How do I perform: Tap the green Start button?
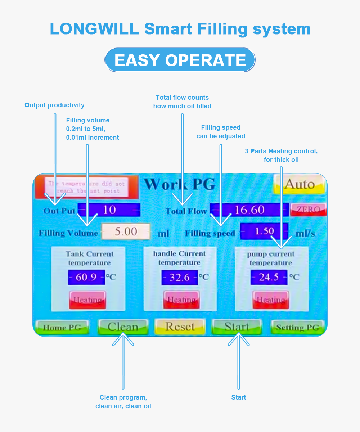click(x=237, y=327)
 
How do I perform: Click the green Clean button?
click(x=123, y=327)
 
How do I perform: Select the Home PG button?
click(x=62, y=328)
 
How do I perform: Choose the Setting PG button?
click(x=297, y=328)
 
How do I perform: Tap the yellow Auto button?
click(x=299, y=184)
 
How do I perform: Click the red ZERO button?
click(x=309, y=210)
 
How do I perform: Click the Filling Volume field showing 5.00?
click(x=126, y=231)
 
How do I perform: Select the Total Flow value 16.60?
click(x=249, y=210)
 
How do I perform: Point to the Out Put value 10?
click(x=109, y=210)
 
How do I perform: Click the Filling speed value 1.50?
click(x=264, y=231)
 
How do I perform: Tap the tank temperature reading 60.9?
click(x=86, y=277)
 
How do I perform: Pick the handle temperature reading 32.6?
click(x=179, y=277)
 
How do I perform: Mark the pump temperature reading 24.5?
click(x=269, y=277)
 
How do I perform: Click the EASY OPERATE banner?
click(x=180, y=60)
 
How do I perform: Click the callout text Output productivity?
click(x=54, y=105)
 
